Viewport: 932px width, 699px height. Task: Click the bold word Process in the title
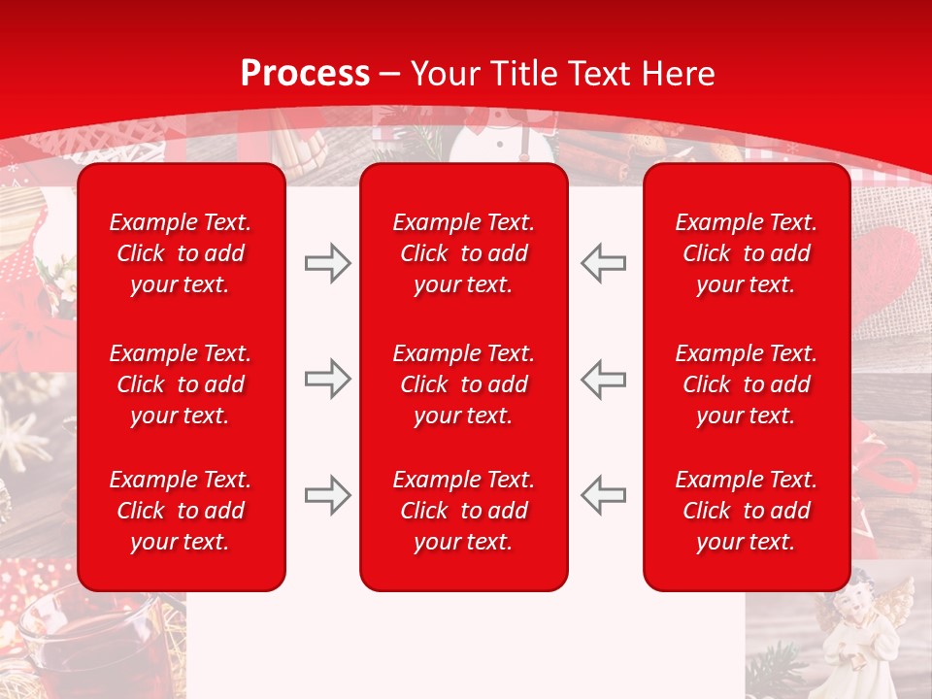point(305,74)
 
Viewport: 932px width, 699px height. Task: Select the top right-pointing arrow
point(327,263)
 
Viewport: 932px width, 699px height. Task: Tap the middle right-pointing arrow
point(327,379)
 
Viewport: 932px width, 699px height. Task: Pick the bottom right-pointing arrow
point(327,495)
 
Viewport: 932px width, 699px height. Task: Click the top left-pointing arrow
point(604,263)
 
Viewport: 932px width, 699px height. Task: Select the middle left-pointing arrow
point(604,379)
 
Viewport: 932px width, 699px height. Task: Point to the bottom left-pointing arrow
point(604,495)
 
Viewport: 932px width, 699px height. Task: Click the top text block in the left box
point(181,253)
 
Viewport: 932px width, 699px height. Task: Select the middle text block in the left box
point(181,384)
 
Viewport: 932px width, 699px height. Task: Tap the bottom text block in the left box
point(181,511)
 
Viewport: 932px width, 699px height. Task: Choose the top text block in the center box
point(463,253)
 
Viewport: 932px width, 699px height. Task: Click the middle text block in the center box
point(463,384)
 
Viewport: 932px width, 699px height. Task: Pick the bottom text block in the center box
point(463,511)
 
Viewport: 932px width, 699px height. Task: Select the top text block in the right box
point(746,253)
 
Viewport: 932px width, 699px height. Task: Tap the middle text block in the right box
point(746,384)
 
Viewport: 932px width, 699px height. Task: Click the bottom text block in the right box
point(746,511)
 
